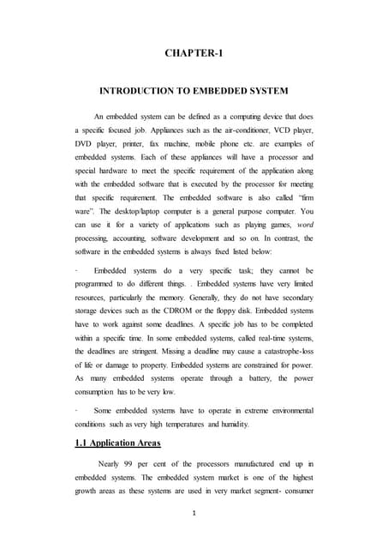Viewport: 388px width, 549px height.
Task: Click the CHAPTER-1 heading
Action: (x=194, y=54)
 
